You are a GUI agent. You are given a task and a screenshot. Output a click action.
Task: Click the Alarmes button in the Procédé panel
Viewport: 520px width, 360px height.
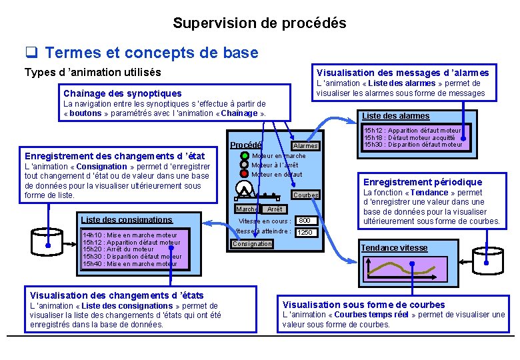[305, 146]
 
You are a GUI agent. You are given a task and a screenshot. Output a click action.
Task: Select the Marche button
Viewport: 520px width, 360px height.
[247, 209]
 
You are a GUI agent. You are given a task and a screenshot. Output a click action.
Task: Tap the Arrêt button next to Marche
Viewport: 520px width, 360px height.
[275, 209]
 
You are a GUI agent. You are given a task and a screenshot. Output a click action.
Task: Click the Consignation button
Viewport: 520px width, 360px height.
[252, 244]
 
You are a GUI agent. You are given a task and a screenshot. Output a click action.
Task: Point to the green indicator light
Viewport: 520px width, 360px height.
[245, 156]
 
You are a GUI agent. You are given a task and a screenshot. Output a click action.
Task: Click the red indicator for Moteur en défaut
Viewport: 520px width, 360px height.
[245, 175]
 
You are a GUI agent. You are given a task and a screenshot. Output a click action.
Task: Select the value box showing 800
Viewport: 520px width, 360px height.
[305, 221]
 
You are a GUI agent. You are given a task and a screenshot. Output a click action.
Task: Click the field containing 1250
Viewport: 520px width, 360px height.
[305, 233]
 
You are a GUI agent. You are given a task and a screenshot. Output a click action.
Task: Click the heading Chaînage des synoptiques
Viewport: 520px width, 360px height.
[122, 93]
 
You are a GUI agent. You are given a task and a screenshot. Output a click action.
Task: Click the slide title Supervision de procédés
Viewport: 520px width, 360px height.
[259, 23]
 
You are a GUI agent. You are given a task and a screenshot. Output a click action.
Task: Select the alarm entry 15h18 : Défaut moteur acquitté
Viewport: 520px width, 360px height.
[411, 137]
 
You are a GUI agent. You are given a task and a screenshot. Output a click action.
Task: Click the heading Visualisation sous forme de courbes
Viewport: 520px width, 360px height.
[363, 305]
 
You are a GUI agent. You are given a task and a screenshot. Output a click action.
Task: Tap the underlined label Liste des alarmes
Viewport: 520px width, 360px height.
[395, 116]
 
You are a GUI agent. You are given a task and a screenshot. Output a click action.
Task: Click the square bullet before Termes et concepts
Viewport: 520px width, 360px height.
[31, 53]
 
